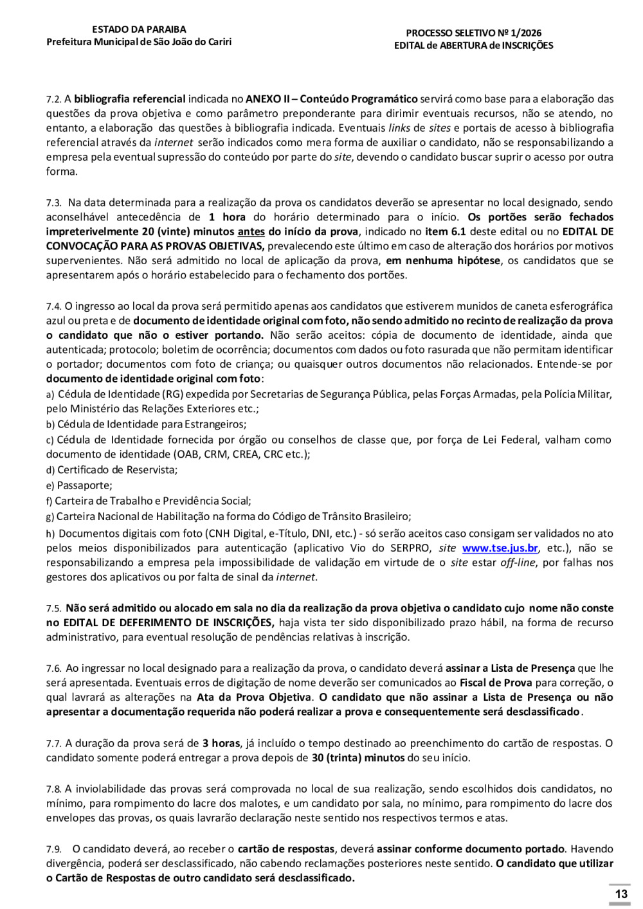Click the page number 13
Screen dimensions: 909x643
(x=621, y=894)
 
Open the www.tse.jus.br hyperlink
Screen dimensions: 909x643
(x=500, y=548)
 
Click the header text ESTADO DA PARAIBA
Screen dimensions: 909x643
(x=139, y=30)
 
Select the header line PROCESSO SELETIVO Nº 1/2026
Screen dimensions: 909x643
(x=474, y=33)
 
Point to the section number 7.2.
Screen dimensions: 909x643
(x=53, y=100)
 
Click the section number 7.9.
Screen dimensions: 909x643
(x=53, y=850)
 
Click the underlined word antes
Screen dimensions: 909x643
(x=251, y=232)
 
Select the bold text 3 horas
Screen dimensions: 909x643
(x=221, y=744)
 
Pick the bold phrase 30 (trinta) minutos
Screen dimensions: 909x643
(x=358, y=758)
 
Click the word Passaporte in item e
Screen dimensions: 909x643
(x=84, y=486)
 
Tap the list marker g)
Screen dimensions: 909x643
(x=50, y=517)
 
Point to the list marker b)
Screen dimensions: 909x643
(x=50, y=425)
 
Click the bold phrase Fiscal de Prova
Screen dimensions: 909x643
(x=496, y=683)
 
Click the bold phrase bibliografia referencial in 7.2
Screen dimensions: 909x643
(x=130, y=99)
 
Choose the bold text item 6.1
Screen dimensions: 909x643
(x=445, y=232)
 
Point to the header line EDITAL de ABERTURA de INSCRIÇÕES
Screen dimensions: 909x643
(x=474, y=46)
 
